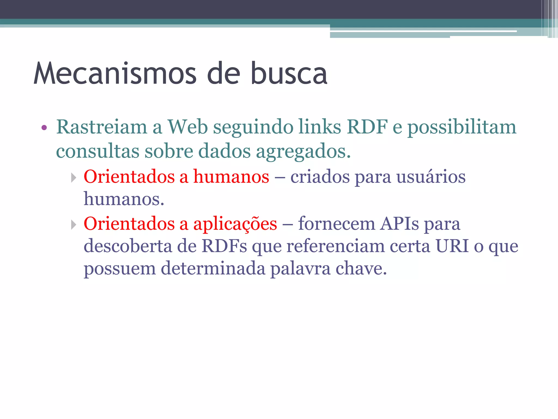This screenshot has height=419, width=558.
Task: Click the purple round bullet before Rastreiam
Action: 44,127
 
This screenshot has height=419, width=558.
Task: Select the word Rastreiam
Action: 101,127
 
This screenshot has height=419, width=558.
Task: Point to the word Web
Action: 187,127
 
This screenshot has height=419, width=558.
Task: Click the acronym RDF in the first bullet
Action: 367,127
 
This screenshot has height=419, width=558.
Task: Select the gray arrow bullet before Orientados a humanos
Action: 73,178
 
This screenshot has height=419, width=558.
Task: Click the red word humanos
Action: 231,176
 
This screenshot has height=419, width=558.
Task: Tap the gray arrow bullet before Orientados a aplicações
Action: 73,225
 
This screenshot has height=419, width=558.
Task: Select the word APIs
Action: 400,224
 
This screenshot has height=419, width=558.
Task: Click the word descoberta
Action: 128,246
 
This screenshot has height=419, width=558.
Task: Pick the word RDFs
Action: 224,246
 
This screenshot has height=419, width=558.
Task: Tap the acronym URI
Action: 452,246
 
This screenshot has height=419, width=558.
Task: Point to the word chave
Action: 361,268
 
